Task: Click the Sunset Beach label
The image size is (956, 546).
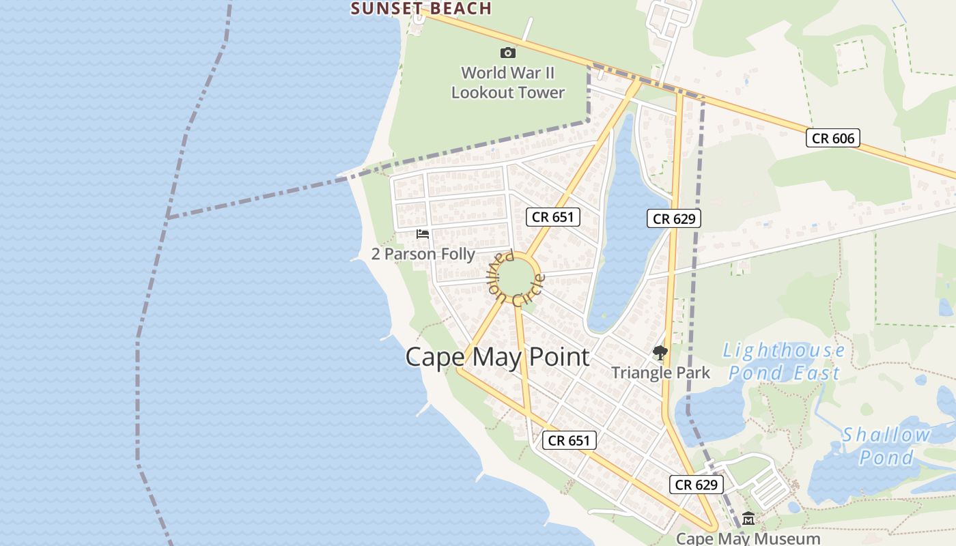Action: [421, 8]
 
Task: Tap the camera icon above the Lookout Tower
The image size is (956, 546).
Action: [507, 53]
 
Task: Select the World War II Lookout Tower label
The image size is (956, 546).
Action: [508, 83]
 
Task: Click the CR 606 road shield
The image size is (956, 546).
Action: [832, 138]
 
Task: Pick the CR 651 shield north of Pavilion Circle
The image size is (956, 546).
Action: [553, 217]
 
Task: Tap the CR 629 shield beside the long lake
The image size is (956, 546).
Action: [674, 218]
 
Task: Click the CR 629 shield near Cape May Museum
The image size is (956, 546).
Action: [696, 485]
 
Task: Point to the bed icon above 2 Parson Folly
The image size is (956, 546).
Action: [423, 234]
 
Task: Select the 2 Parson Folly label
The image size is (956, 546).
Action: [423, 254]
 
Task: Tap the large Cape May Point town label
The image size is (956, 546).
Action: [497, 357]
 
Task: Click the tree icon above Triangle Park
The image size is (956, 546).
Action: [660, 353]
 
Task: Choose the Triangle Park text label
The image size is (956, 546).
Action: [660, 373]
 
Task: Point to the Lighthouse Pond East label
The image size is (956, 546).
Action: [785, 362]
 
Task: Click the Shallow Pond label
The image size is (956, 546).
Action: [886, 446]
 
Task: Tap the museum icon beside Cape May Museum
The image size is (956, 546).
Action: [748, 519]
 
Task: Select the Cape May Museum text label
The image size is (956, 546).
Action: [748, 538]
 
